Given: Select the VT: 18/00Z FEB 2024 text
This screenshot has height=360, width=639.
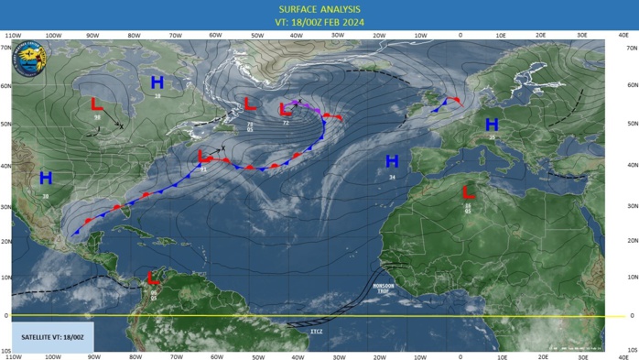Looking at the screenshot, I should [319, 24].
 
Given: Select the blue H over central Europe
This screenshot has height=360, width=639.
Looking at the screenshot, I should [492, 124].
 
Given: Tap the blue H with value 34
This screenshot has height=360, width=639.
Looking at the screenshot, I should [392, 161].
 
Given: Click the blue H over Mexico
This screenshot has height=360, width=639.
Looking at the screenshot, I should [46, 178].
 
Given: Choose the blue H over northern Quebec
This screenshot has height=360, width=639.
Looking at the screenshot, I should [157, 82].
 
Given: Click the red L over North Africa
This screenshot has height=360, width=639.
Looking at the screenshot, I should [467, 193].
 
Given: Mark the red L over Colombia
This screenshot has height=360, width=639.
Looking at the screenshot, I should [153, 278].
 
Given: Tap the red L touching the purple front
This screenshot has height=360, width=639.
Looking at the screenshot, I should [285, 109].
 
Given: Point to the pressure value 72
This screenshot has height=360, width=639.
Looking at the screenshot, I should [286, 122].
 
